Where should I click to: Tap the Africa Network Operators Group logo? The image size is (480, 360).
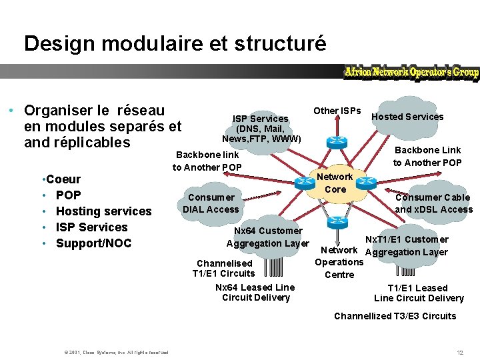pos(411,72)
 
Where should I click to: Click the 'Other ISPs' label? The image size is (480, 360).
pos(337,111)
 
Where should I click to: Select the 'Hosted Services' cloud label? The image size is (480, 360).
pos(407,117)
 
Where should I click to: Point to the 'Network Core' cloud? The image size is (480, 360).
pos(335,183)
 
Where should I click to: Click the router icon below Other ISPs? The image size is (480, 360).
pos(335,142)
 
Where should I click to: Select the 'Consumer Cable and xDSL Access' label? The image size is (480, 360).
pos(433,203)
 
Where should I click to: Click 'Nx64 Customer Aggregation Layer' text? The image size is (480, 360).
pos(268,237)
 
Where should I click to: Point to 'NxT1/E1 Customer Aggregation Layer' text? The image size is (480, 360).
pos(407,246)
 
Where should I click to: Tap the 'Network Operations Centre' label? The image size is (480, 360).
pos(339,262)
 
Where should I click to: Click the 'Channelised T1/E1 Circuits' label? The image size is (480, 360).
pos(224,268)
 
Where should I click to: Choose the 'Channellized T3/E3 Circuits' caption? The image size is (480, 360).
pos(395,316)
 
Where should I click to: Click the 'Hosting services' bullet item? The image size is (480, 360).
pos(103,211)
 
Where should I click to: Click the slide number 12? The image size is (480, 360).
pos(459,352)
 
